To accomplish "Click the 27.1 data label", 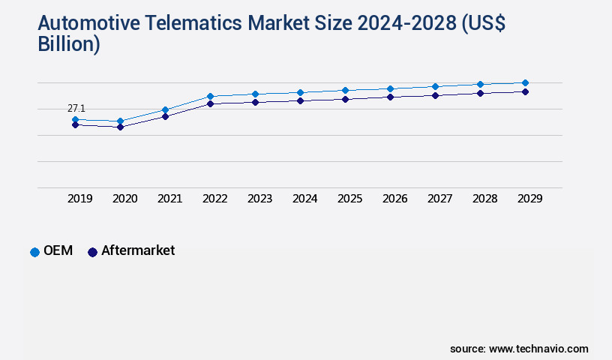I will pyautogui.click(x=76, y=109).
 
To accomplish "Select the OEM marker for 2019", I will pyautogui.click(x=75, y=119).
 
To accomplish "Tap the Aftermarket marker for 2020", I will pyautogui.click(x=120, y=127).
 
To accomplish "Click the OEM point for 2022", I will pyautogui.click(x=210, y=96).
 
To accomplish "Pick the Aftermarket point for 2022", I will pyautogui.click(x=210, y=103).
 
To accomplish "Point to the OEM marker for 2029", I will pyautogui.click(x=525, y=82).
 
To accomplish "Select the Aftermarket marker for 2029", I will pyautogui.click(x=525, y=91).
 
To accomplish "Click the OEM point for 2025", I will pyautogui.click(x=345, y=90).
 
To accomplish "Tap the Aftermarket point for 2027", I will pyautogui.click(x=435, y=95).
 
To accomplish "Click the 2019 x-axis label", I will pyautogui.click(x=79, y=199).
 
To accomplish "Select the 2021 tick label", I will pyautogui.click(x=169, y=199).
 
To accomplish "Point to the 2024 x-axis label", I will pyautogui.click(x=304, y=199).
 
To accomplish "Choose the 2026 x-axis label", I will pyautogui.click(x=394, y=199).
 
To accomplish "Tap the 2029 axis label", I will pyautogui.click(x=529, y=199).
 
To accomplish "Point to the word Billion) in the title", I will pyautogui.click(x=69, y=44).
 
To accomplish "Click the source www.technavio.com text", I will pyautogui.click(x=519, y=349).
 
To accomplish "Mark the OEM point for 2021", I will pyautogui.click(x=165, y=109).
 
